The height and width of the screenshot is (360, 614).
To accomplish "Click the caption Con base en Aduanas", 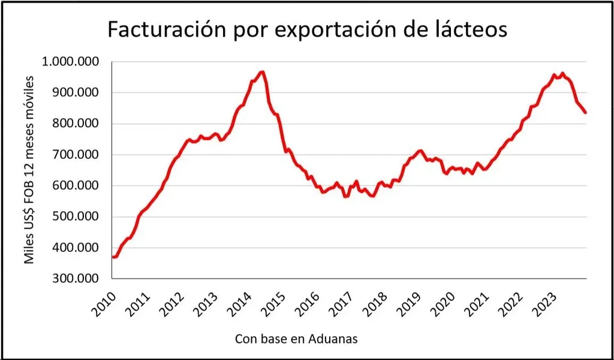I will [x=296, y=339].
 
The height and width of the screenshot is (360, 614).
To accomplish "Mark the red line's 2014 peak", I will [x=262, y=72].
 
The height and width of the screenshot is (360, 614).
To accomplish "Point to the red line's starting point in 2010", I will [x=113, y=257].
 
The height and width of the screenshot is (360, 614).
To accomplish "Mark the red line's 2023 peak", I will [x=562, y=73].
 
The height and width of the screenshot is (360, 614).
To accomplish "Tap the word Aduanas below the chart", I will [x=332, y=339].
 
